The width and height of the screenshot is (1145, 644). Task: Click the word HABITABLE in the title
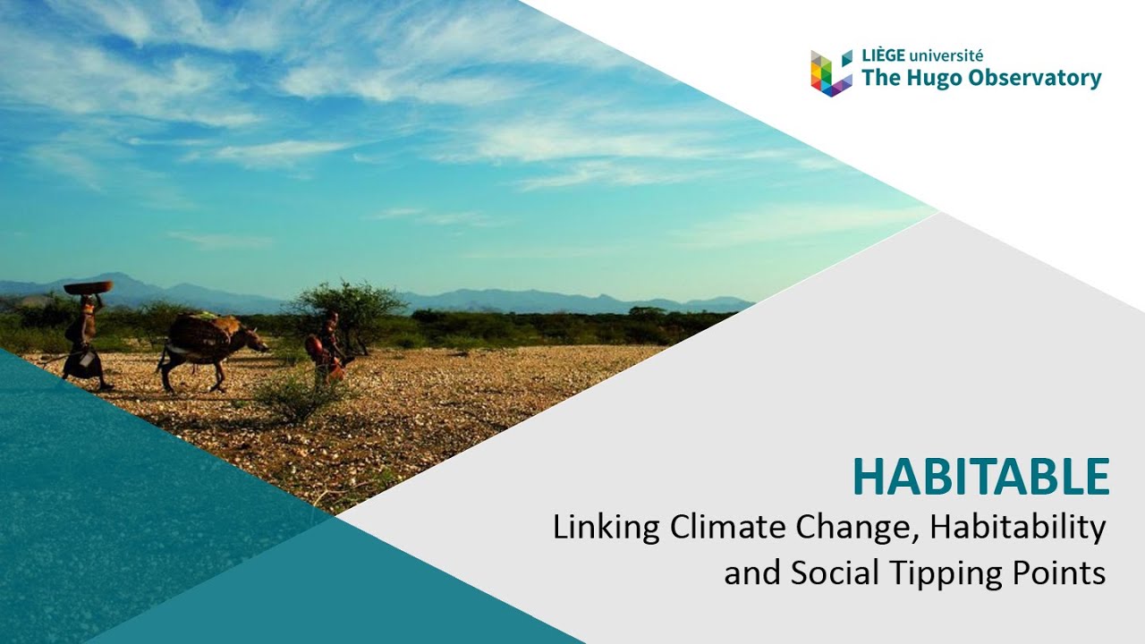[x=981, y=477]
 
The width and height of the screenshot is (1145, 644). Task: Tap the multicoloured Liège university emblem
[x=831, y=73]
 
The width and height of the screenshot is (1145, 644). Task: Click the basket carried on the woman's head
[x=88, y=287]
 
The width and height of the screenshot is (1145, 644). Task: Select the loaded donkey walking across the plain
[x=209, y=351]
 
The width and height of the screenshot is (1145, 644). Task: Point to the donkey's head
[x=256, y=342]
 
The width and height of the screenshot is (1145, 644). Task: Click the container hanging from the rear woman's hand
[x=85, y=359]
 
